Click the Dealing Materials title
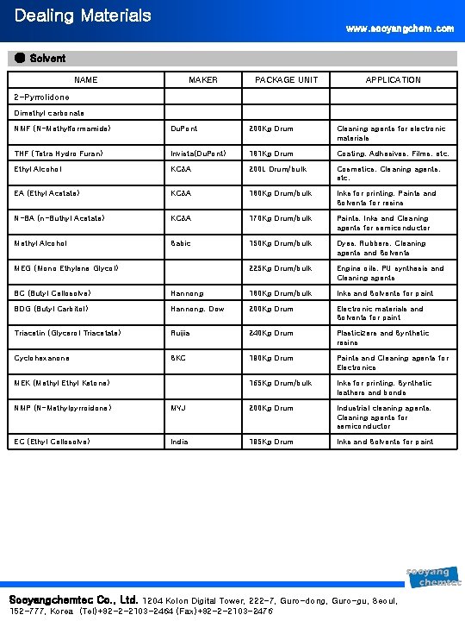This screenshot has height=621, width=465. click(x=71, y=16)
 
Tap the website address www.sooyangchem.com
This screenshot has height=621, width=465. click(x=400, y=28)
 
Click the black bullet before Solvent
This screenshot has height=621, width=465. click(x=20, y=59)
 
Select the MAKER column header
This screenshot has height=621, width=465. click(x=203, y=80)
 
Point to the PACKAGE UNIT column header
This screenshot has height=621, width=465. click(x=286, y=80)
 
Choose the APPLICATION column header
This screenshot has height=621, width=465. click(x=393, y=80)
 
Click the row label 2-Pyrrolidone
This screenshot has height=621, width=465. click(x=42, y=97)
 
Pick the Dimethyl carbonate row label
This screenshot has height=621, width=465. click(x=49, y=113)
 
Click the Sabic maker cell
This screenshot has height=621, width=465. click(x=180, y=244)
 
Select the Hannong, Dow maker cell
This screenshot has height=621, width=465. click(x=197, y=309)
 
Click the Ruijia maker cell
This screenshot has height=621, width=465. click(x=181, y=333)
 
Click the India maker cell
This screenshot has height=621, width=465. click(x=179, y=442)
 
